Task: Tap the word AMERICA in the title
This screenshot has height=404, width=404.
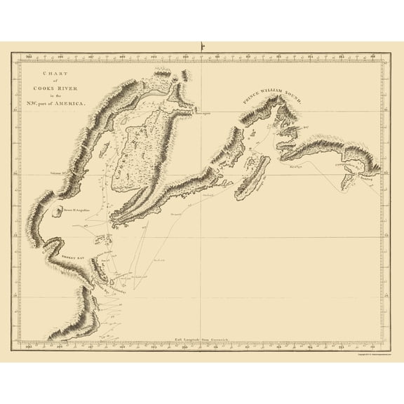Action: pyautogui.click(x=74, y=103)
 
